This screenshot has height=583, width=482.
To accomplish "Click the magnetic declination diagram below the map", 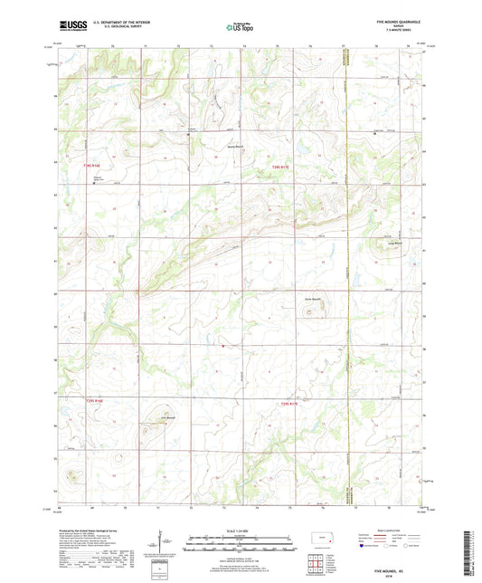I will coord(163,544).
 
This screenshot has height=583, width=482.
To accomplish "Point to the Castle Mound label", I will coord(311,301).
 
